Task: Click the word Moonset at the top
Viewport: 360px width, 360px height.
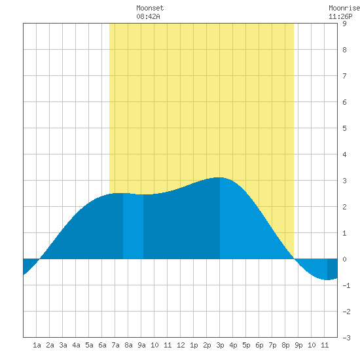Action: coord(150,8)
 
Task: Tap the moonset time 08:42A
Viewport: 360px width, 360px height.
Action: coord(148,16)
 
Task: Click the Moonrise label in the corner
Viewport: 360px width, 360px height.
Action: coord(344,8)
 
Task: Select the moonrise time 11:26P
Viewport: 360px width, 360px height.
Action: coord(340,16)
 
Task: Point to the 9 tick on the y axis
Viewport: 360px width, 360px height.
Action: coord(344,24)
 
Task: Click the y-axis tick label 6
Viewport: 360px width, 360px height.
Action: coord(344,102)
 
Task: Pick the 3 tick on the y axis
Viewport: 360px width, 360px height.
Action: coord(344,181)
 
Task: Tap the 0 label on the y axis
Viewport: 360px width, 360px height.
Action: coord(344,259)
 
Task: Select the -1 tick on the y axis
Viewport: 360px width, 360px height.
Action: coord(346,285)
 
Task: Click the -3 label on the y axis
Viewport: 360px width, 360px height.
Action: coord(346,338)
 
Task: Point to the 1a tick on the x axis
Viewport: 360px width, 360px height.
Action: coord(37,345)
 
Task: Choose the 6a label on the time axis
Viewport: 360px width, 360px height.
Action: coord(102,345)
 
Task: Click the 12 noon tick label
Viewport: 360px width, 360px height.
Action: coord(181,345)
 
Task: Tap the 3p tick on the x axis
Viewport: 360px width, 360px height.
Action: coord(220,345)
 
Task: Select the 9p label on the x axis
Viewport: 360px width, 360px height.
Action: coord(298,345)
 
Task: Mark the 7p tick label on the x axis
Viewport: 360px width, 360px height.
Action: coord(272,345)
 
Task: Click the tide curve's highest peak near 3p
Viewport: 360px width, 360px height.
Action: coord(219,177)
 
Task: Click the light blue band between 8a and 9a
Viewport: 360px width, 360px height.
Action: coord(133,226)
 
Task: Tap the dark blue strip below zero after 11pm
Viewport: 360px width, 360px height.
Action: coord(333,268)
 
